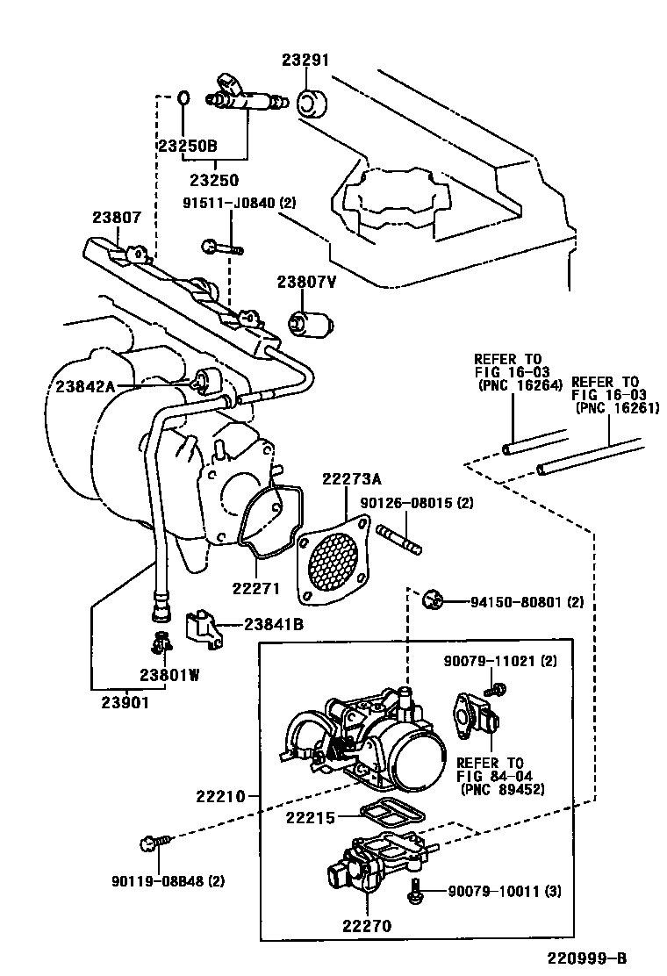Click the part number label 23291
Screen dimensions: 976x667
pos(305,61)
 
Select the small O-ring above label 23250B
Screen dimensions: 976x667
pos(183,96)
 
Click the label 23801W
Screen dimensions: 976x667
pos(169,675)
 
